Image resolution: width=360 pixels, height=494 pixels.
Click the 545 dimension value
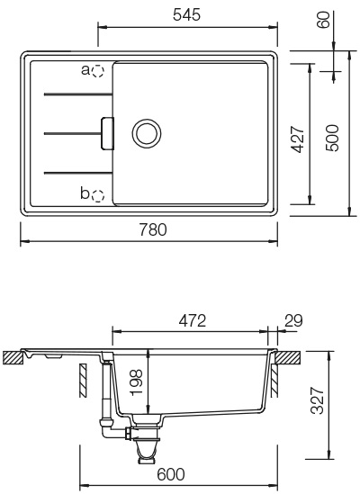coord(186,14)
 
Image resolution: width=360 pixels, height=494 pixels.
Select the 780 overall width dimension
coord(148,231)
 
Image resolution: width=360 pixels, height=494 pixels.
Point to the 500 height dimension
coord(333,137)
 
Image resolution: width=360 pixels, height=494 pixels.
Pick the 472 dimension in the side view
coord(192,319)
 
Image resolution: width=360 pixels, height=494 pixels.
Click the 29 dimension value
coord(292,319)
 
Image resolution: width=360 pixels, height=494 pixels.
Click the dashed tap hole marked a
coord(99,69)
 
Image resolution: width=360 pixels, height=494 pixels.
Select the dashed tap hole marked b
coord(98,193)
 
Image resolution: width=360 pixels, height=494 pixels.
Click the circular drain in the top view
coord(144,132)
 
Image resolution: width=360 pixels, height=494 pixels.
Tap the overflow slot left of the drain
coord(107,131)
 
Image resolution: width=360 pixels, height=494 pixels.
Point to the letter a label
coord(85,68)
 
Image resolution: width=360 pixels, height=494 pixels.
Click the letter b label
coord(85,193)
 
